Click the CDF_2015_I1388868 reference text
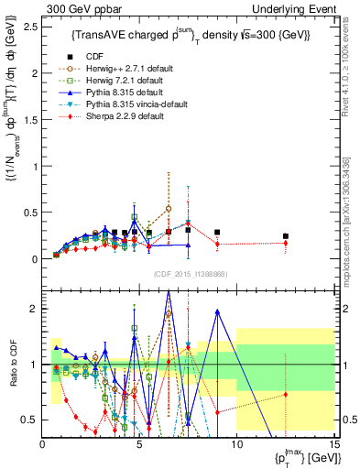coord(189,274)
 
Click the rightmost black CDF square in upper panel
coord(286,236)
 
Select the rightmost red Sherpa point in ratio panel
coord(286,395)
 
